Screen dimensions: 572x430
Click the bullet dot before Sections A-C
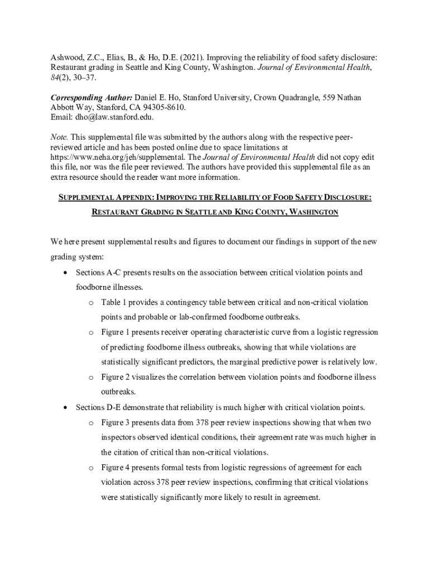pyautogui.click(x=66, y=273)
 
